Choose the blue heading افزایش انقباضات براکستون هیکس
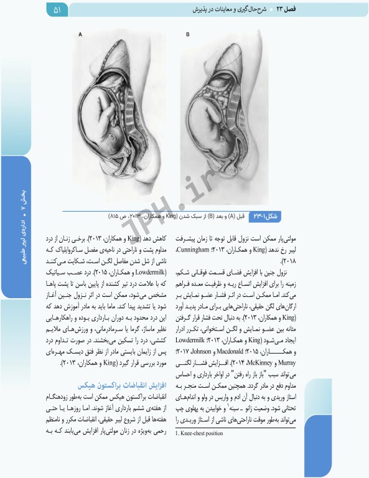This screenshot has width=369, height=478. click(x=108, y=386)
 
